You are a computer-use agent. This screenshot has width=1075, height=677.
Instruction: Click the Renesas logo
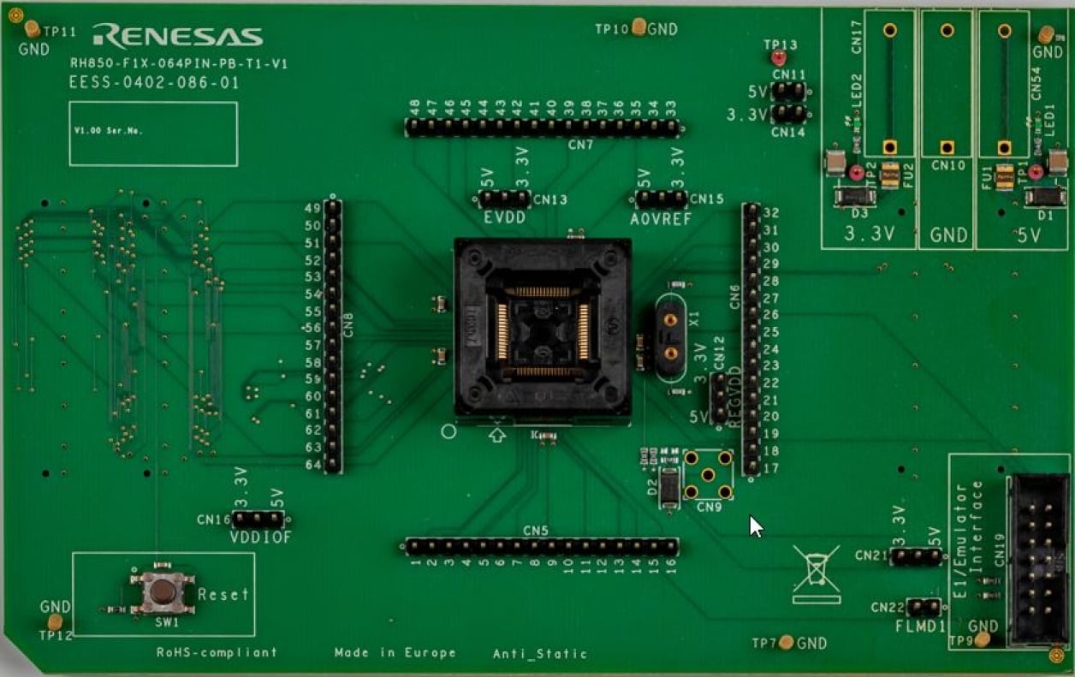point(177,35)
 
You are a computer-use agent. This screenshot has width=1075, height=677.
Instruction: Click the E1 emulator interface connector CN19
point(1039,561)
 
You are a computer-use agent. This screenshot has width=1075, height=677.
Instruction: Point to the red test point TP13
point(778,58)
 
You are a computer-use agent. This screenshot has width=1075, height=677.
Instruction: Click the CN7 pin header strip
point(542,128)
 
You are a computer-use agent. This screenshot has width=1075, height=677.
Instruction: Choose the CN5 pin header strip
point(541,546)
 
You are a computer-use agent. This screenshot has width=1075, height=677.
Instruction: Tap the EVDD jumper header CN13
point(503,199)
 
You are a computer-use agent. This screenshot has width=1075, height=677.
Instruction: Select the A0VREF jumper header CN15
point(661,199)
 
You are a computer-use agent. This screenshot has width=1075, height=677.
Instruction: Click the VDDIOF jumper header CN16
point(258,519)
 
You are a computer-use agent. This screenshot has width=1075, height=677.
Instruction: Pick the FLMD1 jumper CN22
point(924,608)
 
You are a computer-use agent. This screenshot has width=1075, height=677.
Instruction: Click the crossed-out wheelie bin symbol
point(816,573)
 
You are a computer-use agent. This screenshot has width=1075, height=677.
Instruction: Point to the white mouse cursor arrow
point(755,526)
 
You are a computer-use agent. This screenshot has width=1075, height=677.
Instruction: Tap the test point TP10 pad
point(638,27)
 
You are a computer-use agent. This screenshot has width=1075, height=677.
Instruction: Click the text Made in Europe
point(395,653)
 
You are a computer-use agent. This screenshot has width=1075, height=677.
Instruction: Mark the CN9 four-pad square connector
point(708,474)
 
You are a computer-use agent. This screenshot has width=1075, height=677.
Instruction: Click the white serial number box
point(153,134)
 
